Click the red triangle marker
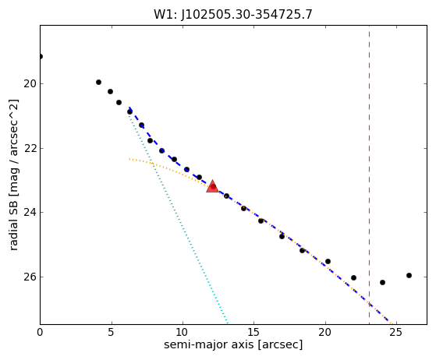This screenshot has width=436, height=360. click(x=212, y=186)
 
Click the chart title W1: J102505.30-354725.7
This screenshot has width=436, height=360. click(x=233, y=14)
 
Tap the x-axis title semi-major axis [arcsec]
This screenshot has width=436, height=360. click(x=233, y=344)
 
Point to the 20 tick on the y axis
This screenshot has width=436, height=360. click(x=30, y=83)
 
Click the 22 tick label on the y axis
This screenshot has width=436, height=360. click(x=30, y=148)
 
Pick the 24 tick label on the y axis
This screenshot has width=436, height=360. click(x=30, y=213)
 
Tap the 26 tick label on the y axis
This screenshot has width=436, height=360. click(x=30, y=277)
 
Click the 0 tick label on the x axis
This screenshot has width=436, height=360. click(x=40, y=332)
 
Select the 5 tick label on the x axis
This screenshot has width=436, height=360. click(x=112, y=332)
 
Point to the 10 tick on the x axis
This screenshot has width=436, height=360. click(x=183, y=332)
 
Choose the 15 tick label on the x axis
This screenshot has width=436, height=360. click(x=253, y=332)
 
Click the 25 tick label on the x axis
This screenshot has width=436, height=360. click(x=396, y=332)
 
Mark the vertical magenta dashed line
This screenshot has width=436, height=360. click(x=369, y=175)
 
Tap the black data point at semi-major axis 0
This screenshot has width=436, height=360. click(x=41, y=57)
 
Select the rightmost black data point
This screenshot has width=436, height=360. click(x=409, y=276)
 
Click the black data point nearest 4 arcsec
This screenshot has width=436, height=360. click(x=98, y=83)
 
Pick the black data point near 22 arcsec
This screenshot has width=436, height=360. click(x=353, y=277)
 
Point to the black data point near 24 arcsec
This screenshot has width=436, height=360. click(x=382, y=283)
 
